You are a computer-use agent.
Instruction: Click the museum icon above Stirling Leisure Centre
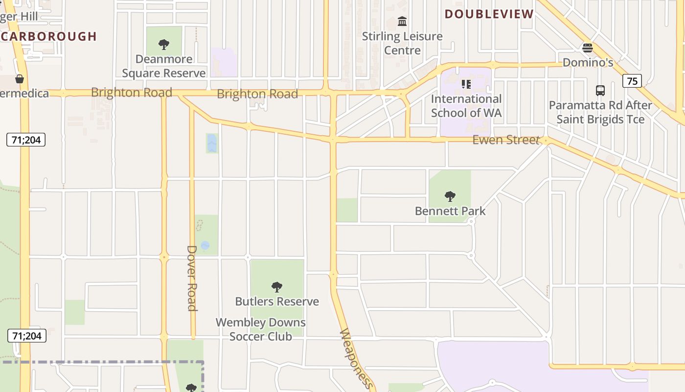pyautogui.click(x=402, y=21)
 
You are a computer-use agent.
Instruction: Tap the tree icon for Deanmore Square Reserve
pyautogui.click(x=164, y=45)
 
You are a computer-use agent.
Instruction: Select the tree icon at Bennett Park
pyautogui.click(x=450, y=196)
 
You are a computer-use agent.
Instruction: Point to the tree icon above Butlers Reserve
pyautogui.click(x=277, y=287)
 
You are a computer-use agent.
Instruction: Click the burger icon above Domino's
pyautogui.click(x=588, y=48)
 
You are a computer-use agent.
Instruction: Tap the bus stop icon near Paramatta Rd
pyautogui.click(x=600, y=91)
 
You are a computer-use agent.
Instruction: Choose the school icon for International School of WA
pyautogui.click(x=466, y=84)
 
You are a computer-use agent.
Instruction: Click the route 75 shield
pyautogui.click(x=632, y=81)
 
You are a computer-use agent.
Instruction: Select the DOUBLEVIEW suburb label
pyautogui.click(x=489, y=14)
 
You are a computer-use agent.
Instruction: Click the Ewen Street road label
pyautogui.click(x=506, y=140)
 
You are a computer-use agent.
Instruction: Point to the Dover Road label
pyautogui.click(x=192, y=278)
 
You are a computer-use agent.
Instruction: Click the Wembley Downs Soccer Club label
pyautogui.click(x=261, y=329)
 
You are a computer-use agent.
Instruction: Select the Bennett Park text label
pyautogui.click(x=450, y=211)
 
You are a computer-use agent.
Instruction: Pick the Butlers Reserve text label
pyautogui.click(x=277, y=301)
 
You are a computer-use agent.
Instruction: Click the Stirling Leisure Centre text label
pyautogui.click(x=402, y=43)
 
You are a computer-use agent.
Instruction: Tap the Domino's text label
pyautogui.click(x=588, y=62)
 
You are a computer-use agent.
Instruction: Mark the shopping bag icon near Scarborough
pyautogui.click(x=20, y=78)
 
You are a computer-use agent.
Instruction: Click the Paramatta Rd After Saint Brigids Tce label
pyautogui.click(x=600, y=112)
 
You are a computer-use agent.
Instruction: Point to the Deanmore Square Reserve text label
pyautogui.click(x=164, y=66)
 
